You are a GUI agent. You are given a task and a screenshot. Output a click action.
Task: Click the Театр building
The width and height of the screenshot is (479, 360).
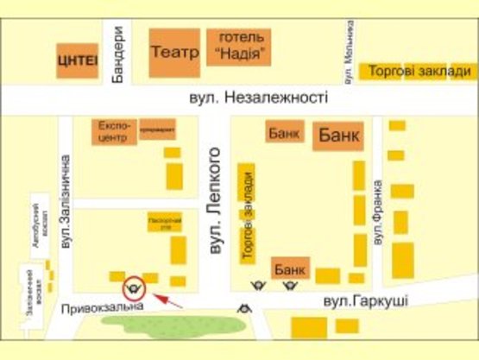click(x=174, y=52)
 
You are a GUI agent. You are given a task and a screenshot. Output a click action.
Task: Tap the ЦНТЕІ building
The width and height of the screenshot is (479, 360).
click(x=78, y=60)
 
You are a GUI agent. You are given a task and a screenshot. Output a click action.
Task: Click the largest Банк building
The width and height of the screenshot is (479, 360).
click(x=339, y=136)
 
